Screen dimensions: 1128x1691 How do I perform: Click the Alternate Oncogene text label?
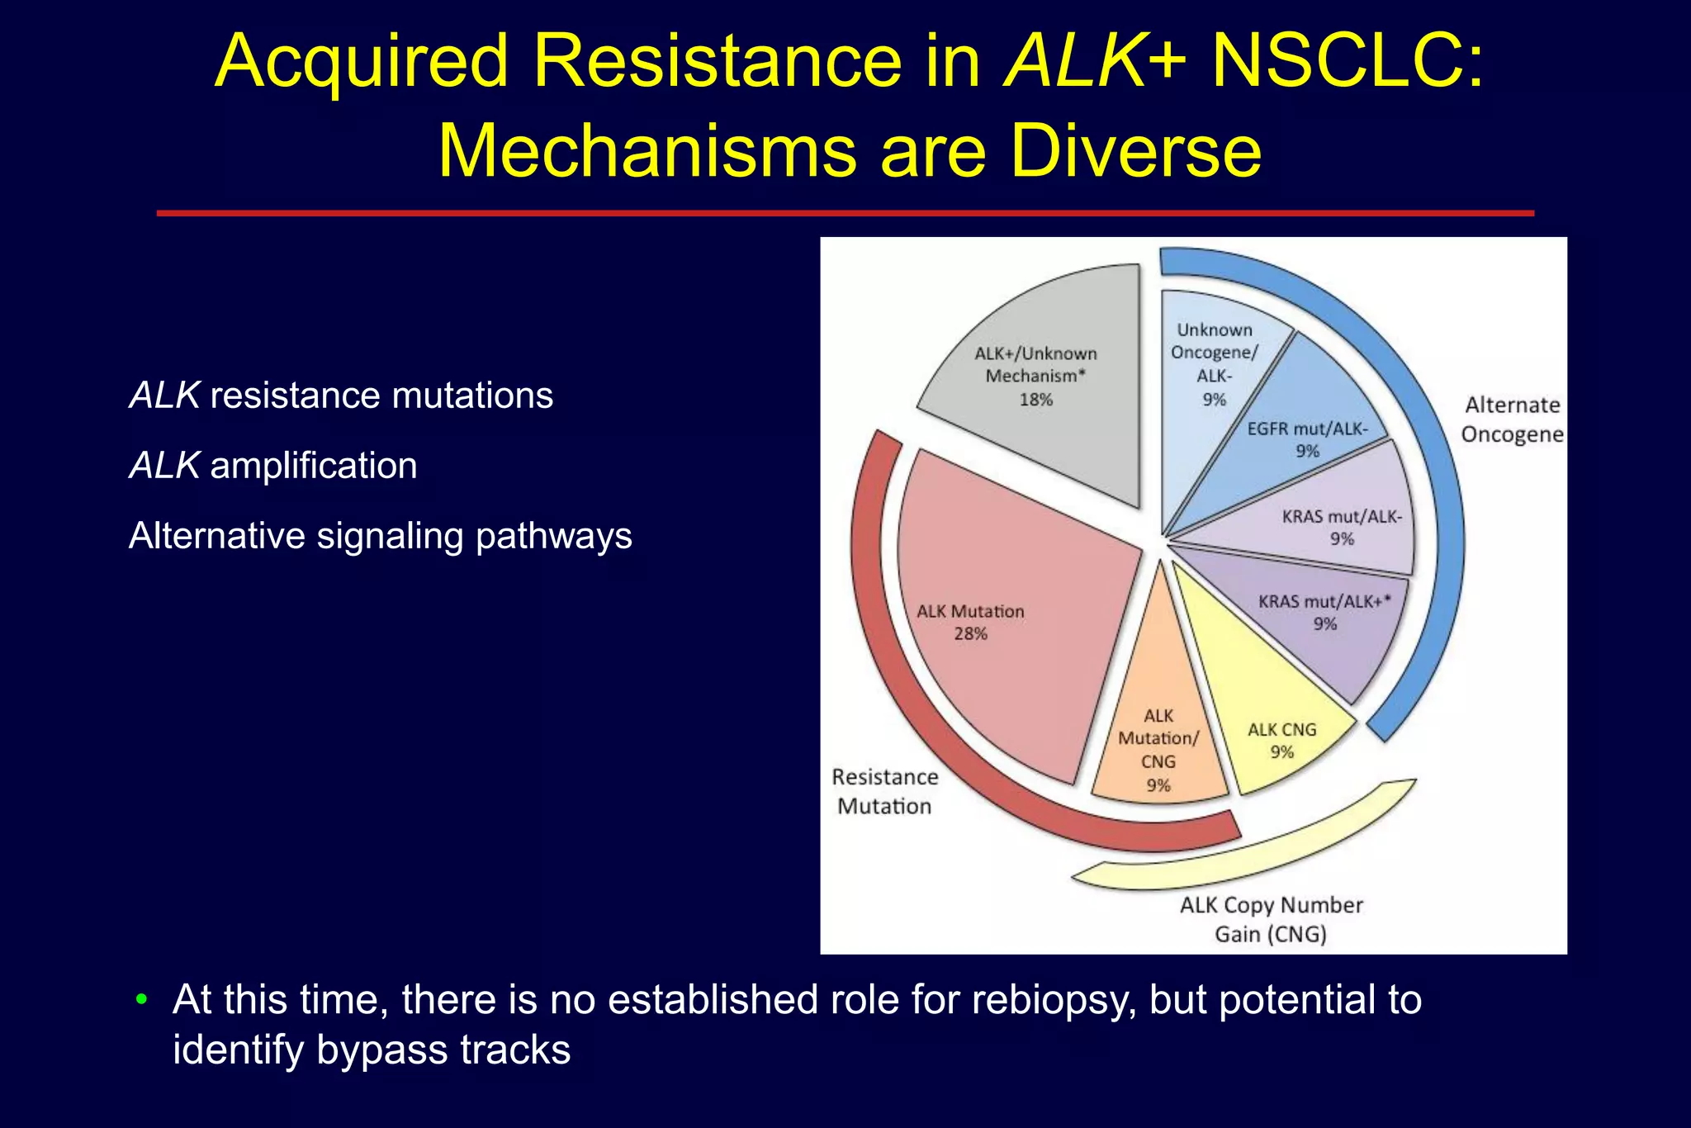tap(1512, 419)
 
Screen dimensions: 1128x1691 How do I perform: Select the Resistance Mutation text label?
tap(884, 791)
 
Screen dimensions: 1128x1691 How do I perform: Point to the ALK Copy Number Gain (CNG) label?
tap(1271, 919)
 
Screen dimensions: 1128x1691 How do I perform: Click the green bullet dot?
tap(142, 1000)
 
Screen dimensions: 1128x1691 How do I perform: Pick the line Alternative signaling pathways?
tap(381, 536)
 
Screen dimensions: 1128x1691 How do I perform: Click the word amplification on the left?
tap(314, 466)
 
